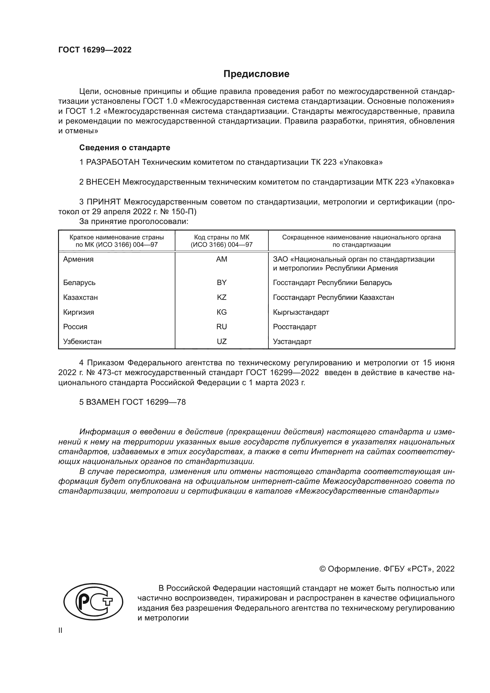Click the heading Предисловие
[x=256, y=74]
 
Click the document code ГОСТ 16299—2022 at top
[x=95, y=50]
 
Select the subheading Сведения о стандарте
[x=125, y=148]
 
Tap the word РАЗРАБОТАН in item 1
[x=113, y=162]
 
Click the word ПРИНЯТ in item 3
[x=104, y=202]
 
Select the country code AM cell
[x=222, y=259]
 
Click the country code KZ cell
[x=222, y=297]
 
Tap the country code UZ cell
[x=222, y=341]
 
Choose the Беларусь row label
[x=79, y=283]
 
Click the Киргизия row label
[x=79, y=312]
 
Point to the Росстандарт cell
[x=294, y=327]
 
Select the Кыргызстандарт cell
[x=301, y=312]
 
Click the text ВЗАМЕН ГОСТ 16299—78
[x=132, y=402]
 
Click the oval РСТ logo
[x=93, y=601]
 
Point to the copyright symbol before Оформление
[x=322, y=569]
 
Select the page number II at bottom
[x=60, y=630]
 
